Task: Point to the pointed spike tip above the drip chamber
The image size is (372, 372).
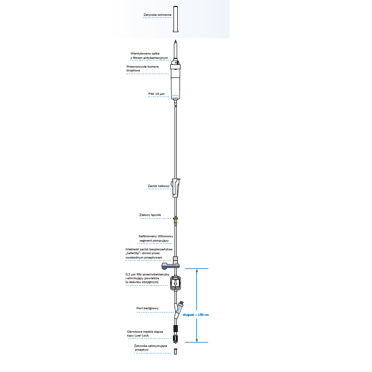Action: pyautogui.click(x=176, y=43)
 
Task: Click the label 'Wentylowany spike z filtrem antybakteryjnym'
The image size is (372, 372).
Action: pyautogui.click(x=149, y=55)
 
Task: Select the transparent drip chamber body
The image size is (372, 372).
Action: pyautogui.click(x=176, y=82)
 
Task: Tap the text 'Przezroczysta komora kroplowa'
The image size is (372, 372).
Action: pyautogui.click(x=142, y=69)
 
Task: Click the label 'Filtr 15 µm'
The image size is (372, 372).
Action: pyautogui.click(x=156, y=94)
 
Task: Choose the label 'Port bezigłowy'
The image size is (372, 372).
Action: pyautogui.click(x=147, y=308)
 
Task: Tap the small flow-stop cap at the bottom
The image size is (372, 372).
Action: pyautogui.click(x=176, y=351)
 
